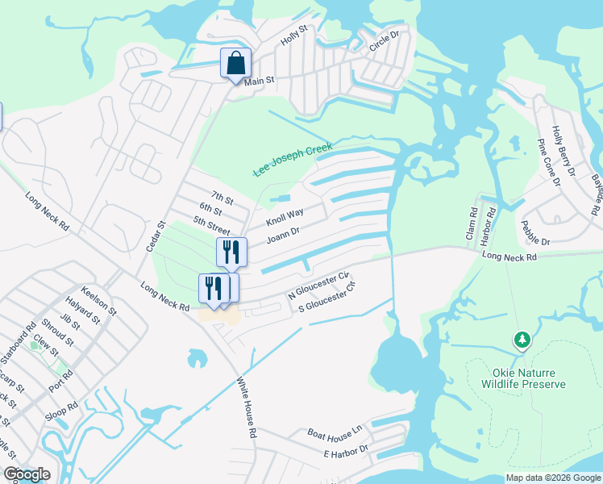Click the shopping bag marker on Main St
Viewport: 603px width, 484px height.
[x=235, y=62]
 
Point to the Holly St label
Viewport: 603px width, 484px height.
[x=293, y=34]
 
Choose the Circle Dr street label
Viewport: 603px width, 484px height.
[x=385, y=43]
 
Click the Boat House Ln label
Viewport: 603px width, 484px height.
[x=335, y=434]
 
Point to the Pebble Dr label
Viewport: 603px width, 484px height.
[x=535, y=235]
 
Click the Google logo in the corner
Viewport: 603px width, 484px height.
[x=27, y=474]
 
